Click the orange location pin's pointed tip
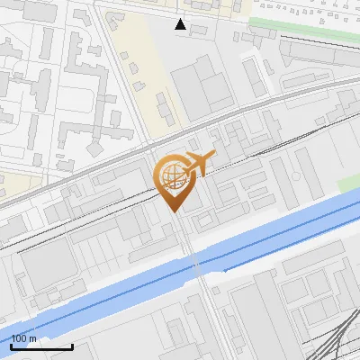[x=175, y=211]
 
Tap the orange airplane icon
[x=197, y=164]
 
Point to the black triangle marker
[x=181, y=24]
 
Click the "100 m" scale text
[x=24, y=338]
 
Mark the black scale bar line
[x=41, y=346]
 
